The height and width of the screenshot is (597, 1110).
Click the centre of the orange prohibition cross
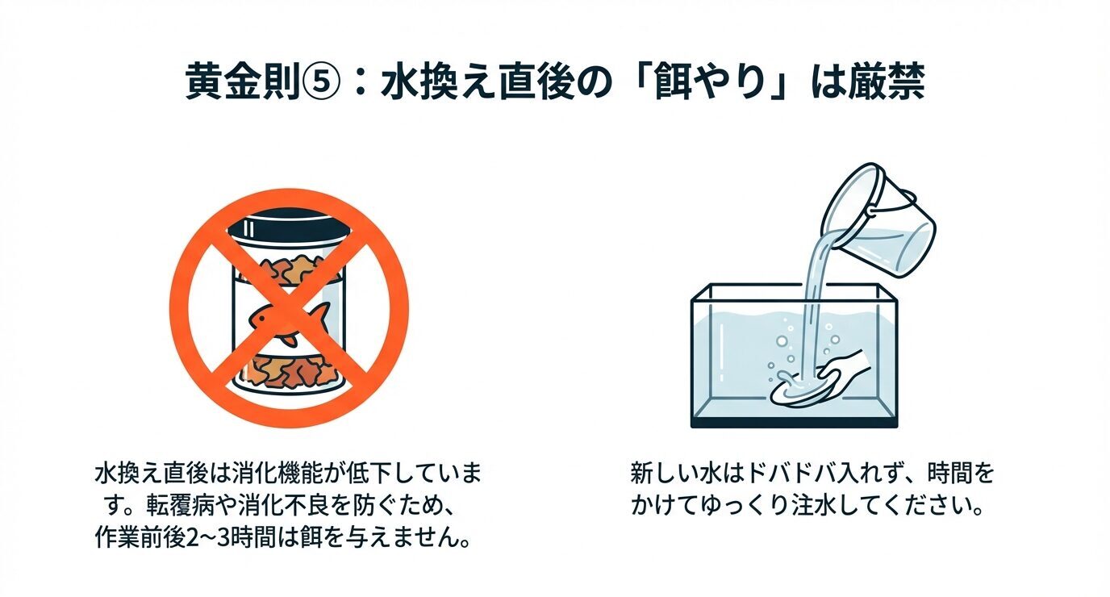(288, 307)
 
